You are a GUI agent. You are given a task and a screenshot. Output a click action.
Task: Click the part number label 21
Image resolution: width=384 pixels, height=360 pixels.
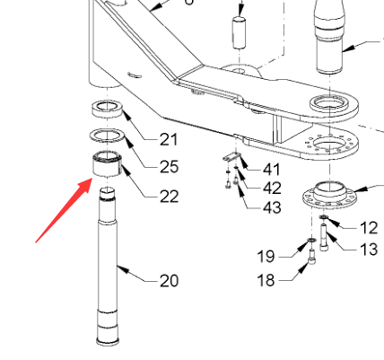coord(169,139)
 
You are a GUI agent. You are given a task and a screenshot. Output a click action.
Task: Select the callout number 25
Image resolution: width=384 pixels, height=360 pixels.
coord(170,167)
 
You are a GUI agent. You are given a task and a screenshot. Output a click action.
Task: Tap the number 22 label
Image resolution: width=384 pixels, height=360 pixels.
coord(170,197)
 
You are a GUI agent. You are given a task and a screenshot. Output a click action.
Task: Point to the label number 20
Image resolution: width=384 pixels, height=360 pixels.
coord(170,281)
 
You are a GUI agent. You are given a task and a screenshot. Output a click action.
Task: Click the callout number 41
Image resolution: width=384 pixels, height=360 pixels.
coord(271,170)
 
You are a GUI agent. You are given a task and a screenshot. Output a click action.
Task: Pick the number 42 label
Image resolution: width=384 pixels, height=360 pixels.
coord(272,189)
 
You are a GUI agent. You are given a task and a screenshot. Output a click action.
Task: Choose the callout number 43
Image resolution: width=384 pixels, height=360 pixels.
coord(272,207)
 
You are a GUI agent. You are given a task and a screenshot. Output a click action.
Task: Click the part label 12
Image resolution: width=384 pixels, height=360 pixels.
coord(370,228)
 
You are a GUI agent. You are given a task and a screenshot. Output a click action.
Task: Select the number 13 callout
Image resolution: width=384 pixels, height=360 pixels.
coord(370,250)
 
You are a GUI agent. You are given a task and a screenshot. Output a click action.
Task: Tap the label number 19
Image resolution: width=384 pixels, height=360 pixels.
coord(266,257)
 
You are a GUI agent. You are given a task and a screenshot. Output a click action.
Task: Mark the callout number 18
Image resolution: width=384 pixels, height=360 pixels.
coord(266,280)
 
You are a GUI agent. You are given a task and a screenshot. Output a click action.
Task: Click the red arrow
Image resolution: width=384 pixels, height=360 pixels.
coord(64,210)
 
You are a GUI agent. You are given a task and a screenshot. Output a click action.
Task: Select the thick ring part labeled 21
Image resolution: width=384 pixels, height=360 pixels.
coord(107,109)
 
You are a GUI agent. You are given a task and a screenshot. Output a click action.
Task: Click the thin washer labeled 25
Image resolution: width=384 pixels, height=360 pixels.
coord(107,136)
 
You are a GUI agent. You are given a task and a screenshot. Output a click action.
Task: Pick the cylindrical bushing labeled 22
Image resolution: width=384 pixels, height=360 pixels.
coord(107,163)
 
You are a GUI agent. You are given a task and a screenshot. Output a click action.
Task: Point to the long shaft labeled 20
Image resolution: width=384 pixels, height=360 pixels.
coord(108,267)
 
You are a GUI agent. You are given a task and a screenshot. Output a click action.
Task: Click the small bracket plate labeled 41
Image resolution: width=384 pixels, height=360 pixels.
coord(231,157)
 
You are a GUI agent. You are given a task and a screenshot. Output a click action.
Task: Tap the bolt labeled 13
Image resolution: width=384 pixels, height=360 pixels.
coord(323,237)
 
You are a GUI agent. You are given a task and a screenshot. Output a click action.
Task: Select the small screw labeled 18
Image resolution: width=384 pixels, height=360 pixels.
coord(311,257)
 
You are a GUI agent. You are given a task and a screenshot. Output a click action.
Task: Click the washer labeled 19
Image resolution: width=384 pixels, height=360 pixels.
coord(311,240)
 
